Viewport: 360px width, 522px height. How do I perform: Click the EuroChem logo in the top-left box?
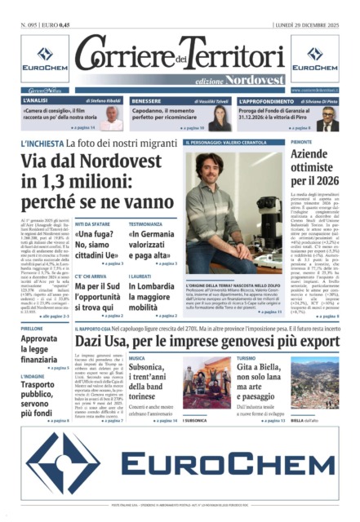click(39, 60)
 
